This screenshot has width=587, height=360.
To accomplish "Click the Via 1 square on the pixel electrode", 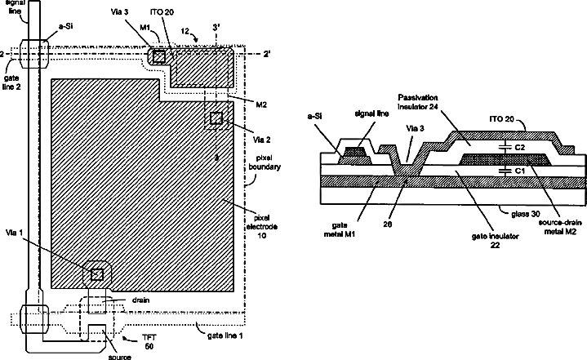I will (97, 273).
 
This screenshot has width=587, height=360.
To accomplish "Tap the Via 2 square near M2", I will (216, 118).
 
